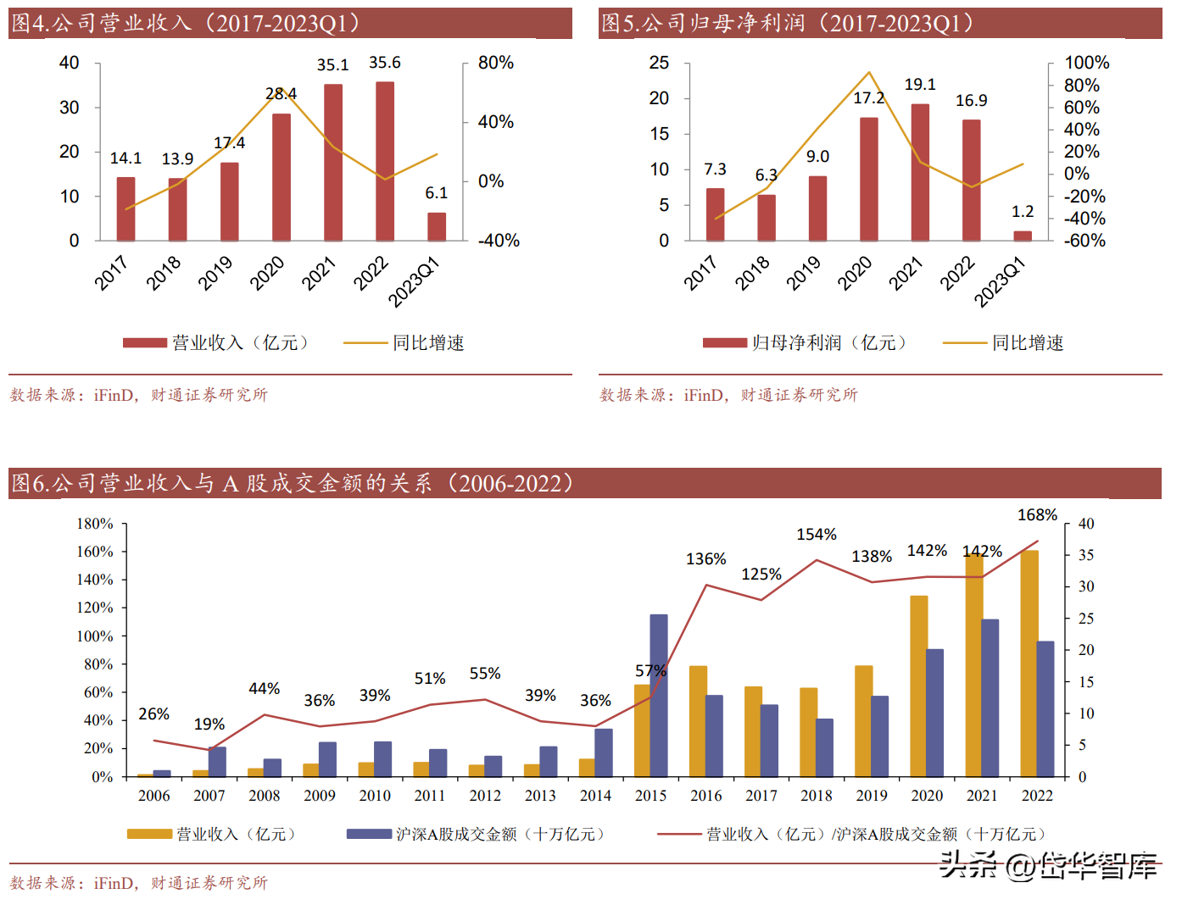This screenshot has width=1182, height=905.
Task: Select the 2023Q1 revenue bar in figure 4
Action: pos(437,226)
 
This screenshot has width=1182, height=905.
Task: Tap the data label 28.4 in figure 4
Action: pos(281,94)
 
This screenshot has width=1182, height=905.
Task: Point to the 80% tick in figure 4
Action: pos(495,64)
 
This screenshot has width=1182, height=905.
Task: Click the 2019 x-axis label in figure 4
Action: pos(215,273)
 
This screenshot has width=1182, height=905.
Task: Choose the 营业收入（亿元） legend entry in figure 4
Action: pos(216,343)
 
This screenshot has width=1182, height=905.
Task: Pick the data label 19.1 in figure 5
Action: pos(920,85)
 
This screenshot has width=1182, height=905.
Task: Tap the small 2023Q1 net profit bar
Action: pos(1023,236)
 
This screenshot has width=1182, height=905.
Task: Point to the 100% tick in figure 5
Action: pos(1086,64)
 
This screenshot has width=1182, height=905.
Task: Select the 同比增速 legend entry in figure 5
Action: pos(1004,343)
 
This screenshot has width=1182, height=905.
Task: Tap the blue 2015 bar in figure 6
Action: pos(659,695)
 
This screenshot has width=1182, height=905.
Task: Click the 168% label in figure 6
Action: pos(1037,515)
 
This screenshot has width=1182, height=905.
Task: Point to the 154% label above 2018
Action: pos(817,535)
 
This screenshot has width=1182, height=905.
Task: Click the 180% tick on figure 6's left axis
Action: pos(95,524)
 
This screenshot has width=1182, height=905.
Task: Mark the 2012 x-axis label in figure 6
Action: pos(485,796)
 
